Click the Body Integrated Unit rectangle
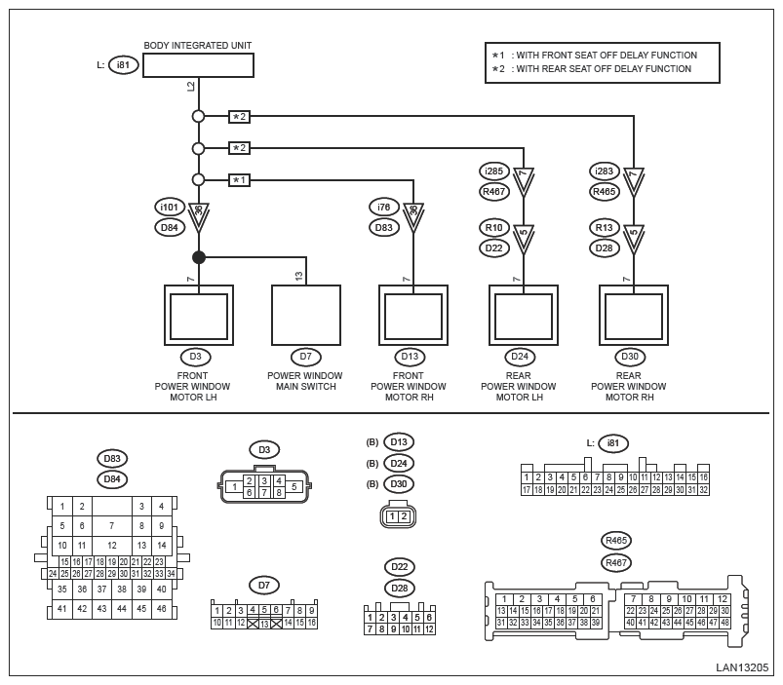coord(198,65)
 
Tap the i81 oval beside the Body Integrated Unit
coord(123,65)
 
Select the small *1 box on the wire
coord(239,180)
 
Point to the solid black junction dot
coord(199,257)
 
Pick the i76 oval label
coord(383,207)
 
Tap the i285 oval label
coord(494,171)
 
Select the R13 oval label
coord(605,227)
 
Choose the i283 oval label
coord(605,171)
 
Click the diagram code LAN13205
coord(743,667)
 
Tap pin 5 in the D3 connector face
coord(294,486)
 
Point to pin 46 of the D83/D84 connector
coord(161,609)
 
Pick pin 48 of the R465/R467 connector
coord(724,622)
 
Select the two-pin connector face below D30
coord(398,516)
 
